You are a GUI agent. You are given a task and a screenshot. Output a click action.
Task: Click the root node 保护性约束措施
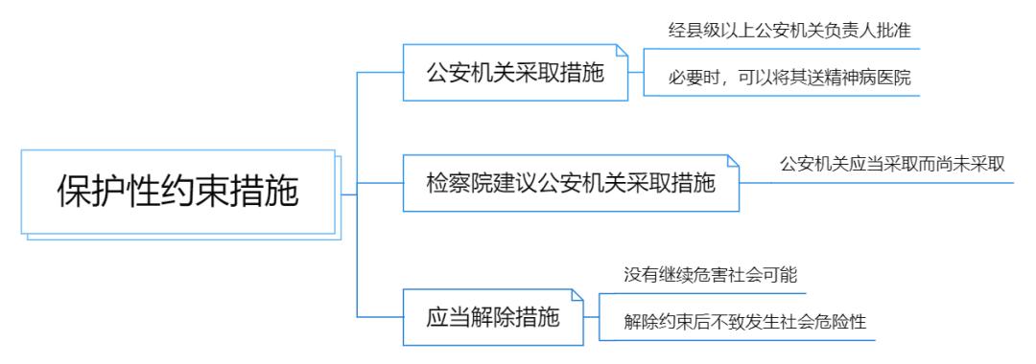point(177,191)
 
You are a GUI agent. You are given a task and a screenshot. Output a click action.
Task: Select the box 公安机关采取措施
point(515,73)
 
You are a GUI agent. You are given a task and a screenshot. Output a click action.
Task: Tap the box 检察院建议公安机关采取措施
point(571,182)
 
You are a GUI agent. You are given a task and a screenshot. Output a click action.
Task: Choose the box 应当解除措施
point(492,316)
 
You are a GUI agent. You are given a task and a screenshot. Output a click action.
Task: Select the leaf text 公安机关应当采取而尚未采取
point(892,164)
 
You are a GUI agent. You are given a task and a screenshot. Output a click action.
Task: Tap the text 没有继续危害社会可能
point(711,273)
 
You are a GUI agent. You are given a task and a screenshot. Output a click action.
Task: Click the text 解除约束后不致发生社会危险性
point(744,322)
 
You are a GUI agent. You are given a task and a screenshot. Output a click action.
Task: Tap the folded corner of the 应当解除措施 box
point(577,294)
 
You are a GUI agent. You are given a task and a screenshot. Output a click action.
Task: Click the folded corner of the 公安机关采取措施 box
point(622,50)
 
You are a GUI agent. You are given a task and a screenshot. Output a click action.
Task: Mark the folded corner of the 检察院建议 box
point(734,159)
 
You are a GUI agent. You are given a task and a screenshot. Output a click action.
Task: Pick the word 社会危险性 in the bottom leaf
point(824,322)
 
